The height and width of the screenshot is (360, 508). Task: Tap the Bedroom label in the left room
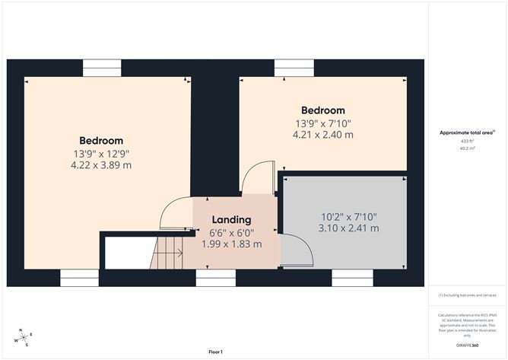click(x=101, y=141)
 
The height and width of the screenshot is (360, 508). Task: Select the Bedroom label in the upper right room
click(x=322, y=110)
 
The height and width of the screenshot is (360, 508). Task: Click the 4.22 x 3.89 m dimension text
click(x=101, y=165)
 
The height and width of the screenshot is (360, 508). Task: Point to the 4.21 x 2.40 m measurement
click(x=322, y=135)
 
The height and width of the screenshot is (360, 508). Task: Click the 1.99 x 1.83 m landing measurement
click(x=231, y=244)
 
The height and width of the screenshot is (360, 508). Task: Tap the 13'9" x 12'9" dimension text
click(x=101, y=154)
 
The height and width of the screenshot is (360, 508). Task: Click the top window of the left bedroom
click(x=102, y=68)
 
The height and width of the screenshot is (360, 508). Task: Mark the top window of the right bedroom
click(x=294, y=68)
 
